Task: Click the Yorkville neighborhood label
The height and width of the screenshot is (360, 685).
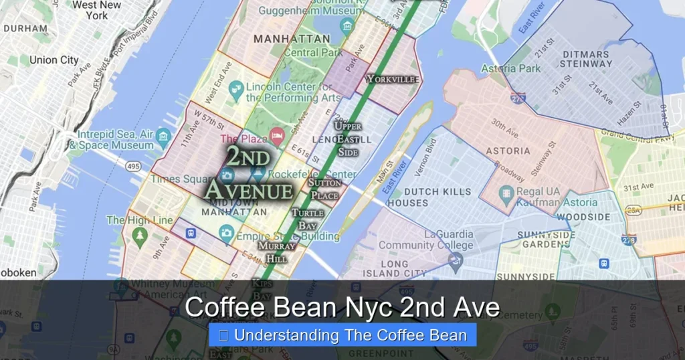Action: point(393,79)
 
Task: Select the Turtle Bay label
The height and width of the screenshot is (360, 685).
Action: point(307,219)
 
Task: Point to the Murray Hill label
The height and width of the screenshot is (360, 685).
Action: point(276,252)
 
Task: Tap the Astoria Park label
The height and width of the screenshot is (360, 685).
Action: point(510,68)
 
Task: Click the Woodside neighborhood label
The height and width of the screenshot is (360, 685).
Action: point(583,217)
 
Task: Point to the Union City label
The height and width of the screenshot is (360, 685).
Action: point(54,60)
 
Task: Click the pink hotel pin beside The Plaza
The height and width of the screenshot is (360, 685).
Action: point(277,135)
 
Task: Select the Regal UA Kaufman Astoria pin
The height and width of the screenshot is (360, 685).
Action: point(507,196)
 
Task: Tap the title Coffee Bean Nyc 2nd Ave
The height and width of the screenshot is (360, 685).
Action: point(342,307)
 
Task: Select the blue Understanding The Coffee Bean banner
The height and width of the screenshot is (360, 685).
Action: point(342,335)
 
